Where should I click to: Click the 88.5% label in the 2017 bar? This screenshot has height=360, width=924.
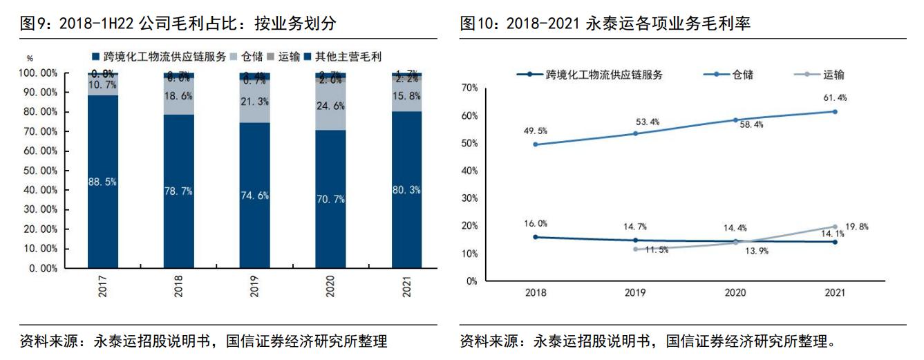(x=102, y=182)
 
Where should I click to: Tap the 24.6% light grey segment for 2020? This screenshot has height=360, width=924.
(x=330, y=106)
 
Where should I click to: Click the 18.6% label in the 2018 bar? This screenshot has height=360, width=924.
(x=178, y=97)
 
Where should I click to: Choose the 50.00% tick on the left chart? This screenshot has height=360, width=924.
(x=39, y=170)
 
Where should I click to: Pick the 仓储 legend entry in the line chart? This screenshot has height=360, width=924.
(x=735, y=75)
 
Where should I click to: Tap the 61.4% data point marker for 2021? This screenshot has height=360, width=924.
(x=834, y=111)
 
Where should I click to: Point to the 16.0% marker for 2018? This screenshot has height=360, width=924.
(x=536, y=237)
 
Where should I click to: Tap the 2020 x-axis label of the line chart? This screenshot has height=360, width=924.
(x=735, y=293)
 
